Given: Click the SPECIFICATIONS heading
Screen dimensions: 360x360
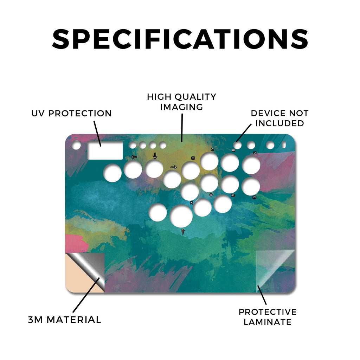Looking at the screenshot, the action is (x=180, y=39).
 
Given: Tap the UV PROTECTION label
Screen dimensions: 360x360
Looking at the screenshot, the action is (x=71, y=114).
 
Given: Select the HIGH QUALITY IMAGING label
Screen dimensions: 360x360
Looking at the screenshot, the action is (x=182, y=102).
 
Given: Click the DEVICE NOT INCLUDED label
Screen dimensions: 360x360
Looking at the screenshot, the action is (x=279, y=118).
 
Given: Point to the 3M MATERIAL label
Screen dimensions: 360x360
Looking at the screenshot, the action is (x=65, y=320).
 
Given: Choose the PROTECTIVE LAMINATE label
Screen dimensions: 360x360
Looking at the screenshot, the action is (x=268, y=317).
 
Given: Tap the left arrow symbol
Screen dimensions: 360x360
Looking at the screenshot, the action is (x=134, y=157).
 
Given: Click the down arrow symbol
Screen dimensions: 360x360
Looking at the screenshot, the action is (x=155, y=156).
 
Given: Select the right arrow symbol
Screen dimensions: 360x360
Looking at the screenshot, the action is (x=174, y=167).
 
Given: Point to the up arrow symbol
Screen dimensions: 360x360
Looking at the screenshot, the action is (x=183, y=231).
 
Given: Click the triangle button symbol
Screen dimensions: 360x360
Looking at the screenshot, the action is (x=212, y=149).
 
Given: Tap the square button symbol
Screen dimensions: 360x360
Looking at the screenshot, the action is (x=193, y=158).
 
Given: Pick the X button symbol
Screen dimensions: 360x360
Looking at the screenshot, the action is (x=192, y=203).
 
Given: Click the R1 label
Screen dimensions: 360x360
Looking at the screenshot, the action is (x=233, y=150).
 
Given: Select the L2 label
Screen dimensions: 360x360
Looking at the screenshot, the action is (x=254, y=197).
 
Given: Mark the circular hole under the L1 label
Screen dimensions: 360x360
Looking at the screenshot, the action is (x=251, y=165).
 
